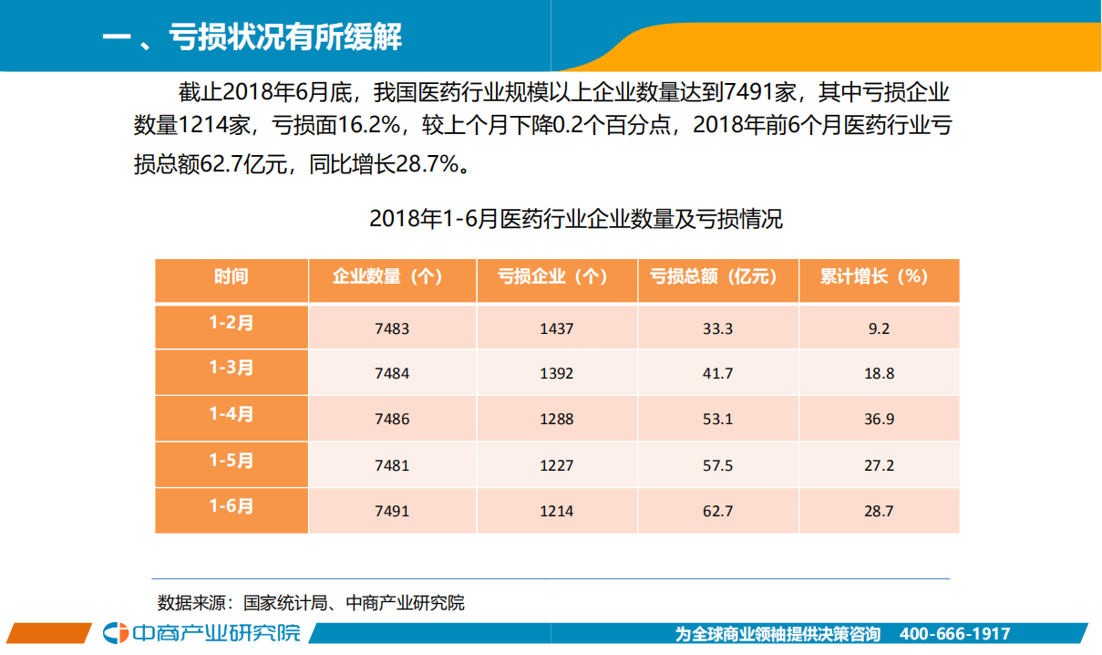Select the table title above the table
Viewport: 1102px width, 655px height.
coord(575,219)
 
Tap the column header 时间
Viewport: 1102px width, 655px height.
coord(232,276)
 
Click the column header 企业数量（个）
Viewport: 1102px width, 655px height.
coord(392,276)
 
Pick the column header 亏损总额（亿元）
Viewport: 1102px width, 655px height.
coord(717,276)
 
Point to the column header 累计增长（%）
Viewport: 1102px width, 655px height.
coord(879,276)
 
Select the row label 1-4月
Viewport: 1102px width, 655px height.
coord(232,414)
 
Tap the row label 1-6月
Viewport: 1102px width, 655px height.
coord(232,506)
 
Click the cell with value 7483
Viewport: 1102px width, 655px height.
coord(392,327)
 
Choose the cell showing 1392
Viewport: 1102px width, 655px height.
coord(556,373)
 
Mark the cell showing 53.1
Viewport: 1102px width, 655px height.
coord(717,419)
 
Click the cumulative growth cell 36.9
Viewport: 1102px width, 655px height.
coord(879,419)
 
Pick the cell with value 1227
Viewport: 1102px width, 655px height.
coord(556,465)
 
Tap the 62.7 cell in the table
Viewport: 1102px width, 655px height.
coord(717,511)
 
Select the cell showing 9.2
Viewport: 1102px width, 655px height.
coord(879,327)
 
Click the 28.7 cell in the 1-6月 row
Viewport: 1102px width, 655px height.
coord(879,511)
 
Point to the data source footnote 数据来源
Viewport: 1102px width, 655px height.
coord(311,603)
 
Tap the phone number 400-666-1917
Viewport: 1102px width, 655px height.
coord(954,634)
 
